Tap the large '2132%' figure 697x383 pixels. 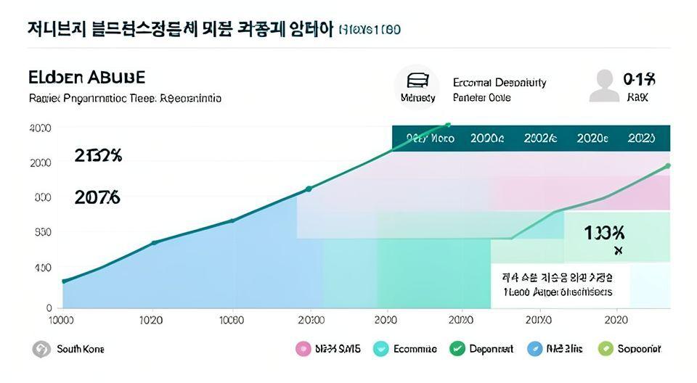pyautogui.click(x=98, y=155)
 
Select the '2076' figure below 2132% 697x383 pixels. pyautogui.click(x=97, y=197)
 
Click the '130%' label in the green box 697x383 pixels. pyautogui.click(x=604, y=233)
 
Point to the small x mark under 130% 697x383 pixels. pyautogui.click(x=618, y=251)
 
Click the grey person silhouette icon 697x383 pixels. pyautogui.click(x=604, y=86)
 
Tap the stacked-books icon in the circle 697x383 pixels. pyautogui.click(x=417, y=81)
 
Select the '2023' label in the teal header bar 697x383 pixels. pyautogui.click(x=641, y=138)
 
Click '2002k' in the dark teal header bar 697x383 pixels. pyautogui.click(x=540, y=138)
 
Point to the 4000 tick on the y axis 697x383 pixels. pyautogui.click(x=40, y=128)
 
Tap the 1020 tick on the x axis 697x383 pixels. pyautogui.click(x=151, y=320)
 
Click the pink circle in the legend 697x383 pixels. pyautogui.click(x=303, y=349)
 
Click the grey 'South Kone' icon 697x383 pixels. pyautogui.click(x=41, y=349)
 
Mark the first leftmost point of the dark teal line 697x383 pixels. pyautogui.click(x=64, y=281)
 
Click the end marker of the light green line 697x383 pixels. pyautogui.click(x=667, y=166)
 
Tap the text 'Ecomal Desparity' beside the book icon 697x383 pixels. pyautogui.click(x=499, y=82)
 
